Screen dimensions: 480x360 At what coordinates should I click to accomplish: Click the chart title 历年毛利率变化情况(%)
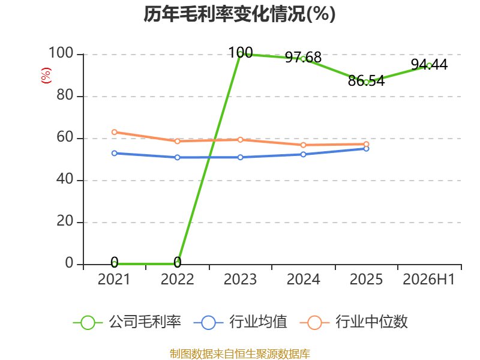tap(239, 14)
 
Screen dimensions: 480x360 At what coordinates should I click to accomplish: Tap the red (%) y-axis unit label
tap(46, 76)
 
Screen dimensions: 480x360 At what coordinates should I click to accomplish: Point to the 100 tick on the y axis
tap(61, 53)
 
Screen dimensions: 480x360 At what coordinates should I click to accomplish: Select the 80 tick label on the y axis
tap(65, 95)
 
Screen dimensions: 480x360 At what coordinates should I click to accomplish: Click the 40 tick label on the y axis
tap(65, 179)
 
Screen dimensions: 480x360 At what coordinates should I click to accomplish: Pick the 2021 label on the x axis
tap(114, 279)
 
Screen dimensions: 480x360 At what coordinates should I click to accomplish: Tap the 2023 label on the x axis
tap(240, 279)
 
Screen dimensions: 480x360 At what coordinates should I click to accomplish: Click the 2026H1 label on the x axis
tap(428, 279)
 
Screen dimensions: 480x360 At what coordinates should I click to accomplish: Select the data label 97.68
tap(303, 57)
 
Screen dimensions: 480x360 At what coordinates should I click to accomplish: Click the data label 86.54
tap(366, 81)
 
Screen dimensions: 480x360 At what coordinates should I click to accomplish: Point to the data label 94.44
tap(429, 64)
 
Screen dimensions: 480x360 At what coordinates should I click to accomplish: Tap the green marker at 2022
tap(177, 264)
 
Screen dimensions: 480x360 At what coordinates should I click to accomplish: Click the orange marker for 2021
tap(115, 132)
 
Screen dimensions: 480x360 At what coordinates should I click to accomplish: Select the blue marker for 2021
tap(115, 153)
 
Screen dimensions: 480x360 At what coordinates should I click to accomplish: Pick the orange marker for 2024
tap(304, 145)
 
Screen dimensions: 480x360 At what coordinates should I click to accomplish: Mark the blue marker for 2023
tap(241, 157)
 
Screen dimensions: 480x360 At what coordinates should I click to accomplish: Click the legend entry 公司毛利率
tap(127, 322)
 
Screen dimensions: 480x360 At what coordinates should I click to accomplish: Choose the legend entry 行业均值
tap(241, 322)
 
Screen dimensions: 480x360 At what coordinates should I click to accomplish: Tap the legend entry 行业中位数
tap(354, 322)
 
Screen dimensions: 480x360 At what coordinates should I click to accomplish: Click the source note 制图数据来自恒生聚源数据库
tap(240, 354)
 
